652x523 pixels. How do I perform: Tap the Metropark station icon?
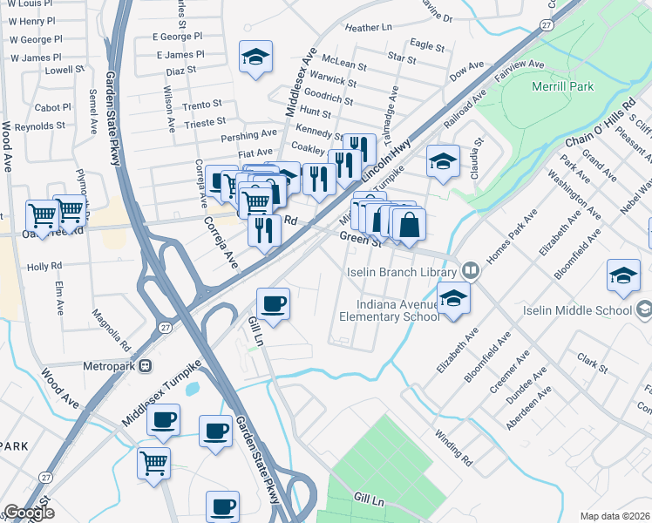[x=145, y=366]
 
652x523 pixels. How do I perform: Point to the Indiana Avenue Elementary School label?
[x=397, y=310]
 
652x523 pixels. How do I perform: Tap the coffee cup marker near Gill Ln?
[x=274, y=304]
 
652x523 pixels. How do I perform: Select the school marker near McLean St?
[x=255, y=58]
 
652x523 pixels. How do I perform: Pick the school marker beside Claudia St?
[x=443, y=161]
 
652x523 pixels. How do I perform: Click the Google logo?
[x=29, y=513]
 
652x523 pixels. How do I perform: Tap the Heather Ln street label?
[x=370, y=28]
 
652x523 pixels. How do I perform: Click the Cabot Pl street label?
[x=52, y=107]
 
